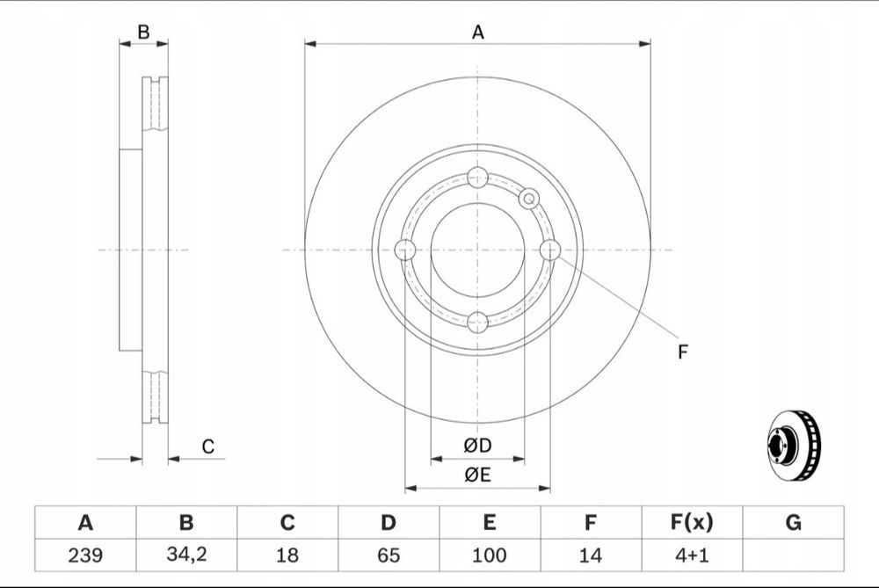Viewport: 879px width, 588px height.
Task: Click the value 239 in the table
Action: pos(85,555)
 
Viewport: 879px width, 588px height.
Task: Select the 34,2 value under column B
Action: pos(186,555)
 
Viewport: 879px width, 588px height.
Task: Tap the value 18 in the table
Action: pos(287,555)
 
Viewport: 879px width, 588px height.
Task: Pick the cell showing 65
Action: pos(389,555)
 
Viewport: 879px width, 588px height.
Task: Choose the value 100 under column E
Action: pos(490,555)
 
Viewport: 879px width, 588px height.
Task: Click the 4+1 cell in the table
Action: pos(692,555)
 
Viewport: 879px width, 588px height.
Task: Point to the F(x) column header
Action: pos(692,522)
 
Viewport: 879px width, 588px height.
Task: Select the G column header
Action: pos(793,522)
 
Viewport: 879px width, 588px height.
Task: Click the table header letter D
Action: pos(389,522)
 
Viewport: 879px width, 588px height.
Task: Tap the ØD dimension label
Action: pos(477,446)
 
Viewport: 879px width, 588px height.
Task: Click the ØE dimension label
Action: pos(477,475)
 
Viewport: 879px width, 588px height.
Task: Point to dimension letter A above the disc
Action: pos(477,33)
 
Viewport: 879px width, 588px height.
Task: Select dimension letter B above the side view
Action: pos(143,33)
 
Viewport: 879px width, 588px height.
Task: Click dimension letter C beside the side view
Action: pos(208,446)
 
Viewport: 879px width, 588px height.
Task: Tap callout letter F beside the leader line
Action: pos(682,352)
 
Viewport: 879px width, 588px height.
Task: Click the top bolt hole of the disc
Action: pos(477,178)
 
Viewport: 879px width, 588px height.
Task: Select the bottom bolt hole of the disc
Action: pos(477,323)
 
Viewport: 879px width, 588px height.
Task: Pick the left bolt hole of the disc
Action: pos(404,250)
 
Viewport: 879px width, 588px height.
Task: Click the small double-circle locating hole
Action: pos(528,199)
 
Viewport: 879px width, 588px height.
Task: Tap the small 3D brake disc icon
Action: pos(793,446)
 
